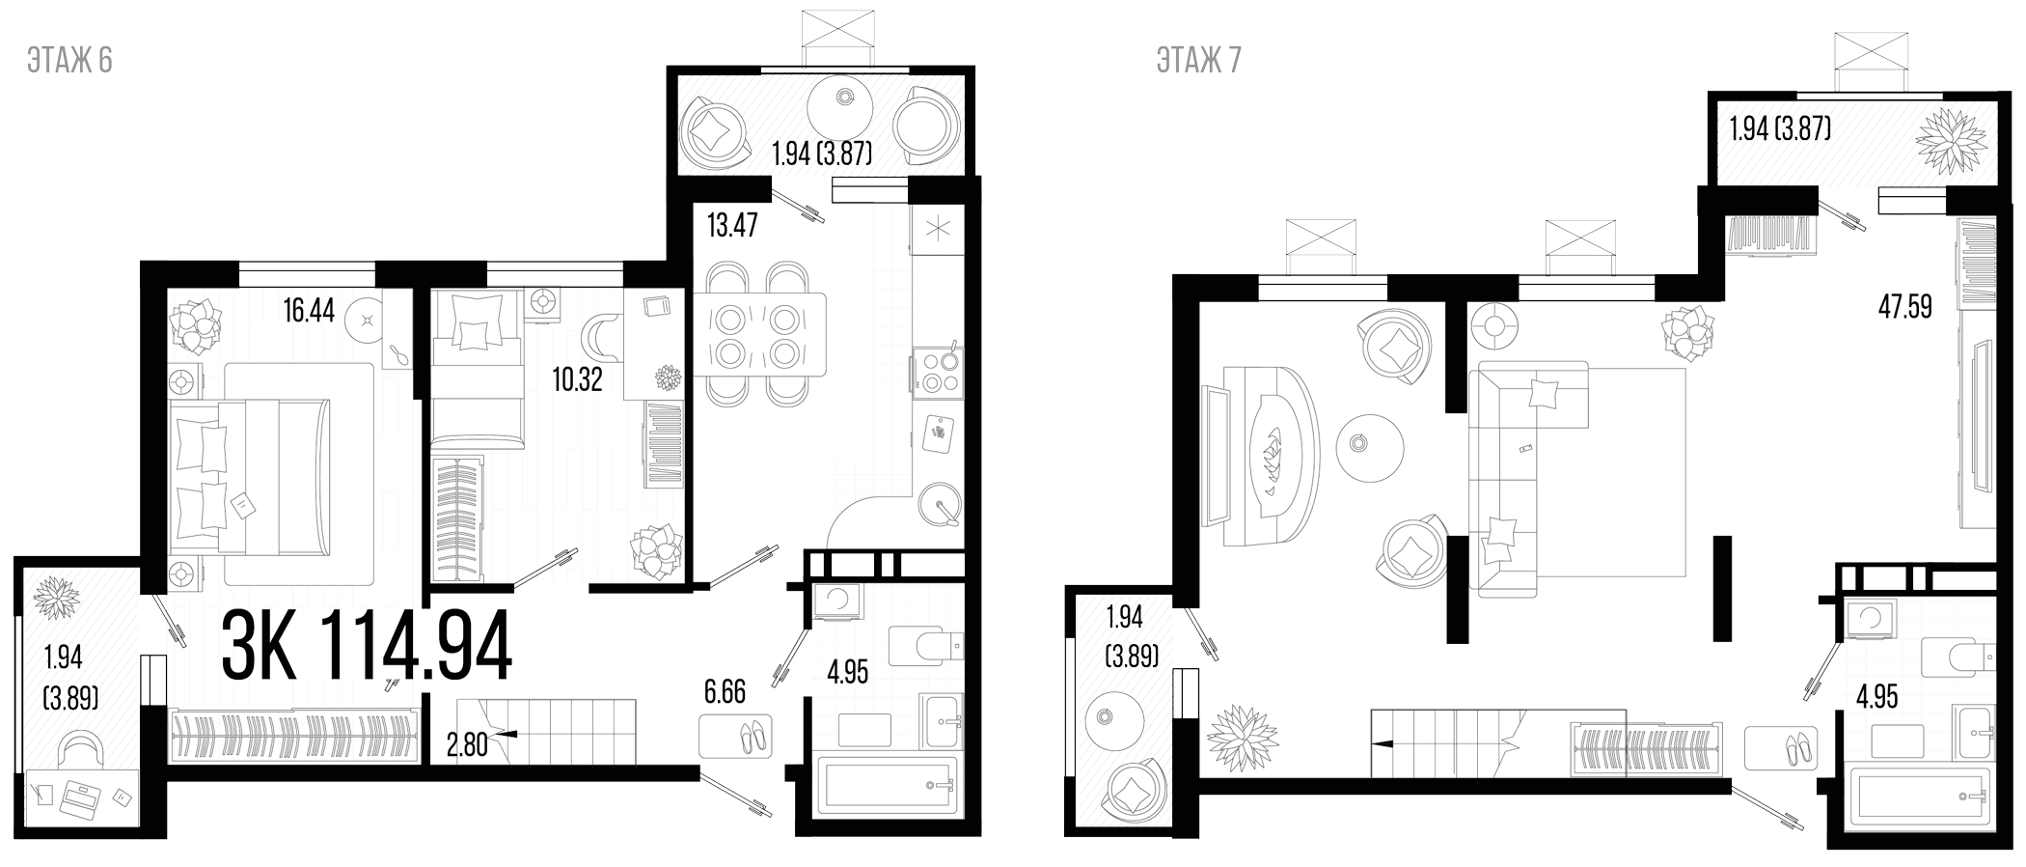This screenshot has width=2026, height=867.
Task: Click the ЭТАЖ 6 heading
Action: tap(70, 60)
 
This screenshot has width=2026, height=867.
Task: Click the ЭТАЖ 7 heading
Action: tap(1198, 60)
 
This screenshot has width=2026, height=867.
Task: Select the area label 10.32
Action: tap(577, 378)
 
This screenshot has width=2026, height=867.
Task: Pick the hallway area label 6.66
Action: tap(725, 692)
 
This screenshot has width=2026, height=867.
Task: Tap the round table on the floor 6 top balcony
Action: tap(846, 103)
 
